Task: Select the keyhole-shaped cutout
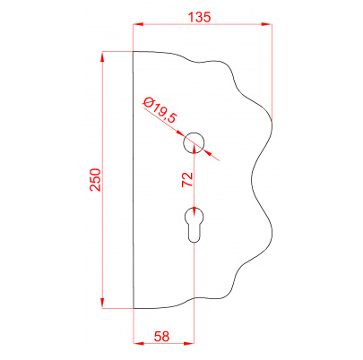pyautogui.click(x=194, y=225)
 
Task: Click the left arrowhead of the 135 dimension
pyautogui.click(x=136, y=26)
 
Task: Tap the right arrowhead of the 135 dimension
pyautogui.click(x=265, y=26)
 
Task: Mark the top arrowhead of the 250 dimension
pyautogui.click(x=104, y=56)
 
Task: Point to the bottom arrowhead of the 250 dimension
pyautogui.click(x=104, y=304)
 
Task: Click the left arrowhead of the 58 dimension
pyautogui.click(x=136, y=343)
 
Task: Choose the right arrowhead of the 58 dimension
pyautogui.click(x=191, y=343)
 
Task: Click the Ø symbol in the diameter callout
pyautogui.click(x=148, y=102)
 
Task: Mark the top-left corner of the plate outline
pyautogui.click(x=133, y=52)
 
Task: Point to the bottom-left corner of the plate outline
pyautogui.click(x=133, y=308)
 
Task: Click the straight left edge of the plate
pyautogui.click(x=133, y=179)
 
